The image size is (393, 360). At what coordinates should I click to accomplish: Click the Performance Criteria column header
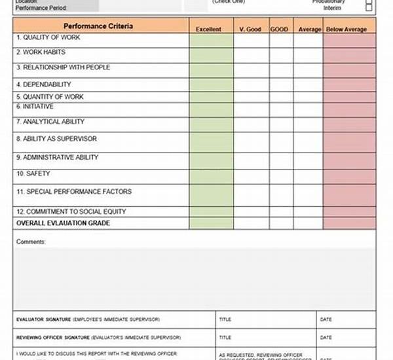(x=99, y=26)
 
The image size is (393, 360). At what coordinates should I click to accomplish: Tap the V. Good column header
(x=250, y=29)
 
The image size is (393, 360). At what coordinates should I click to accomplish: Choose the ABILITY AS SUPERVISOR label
(x=56, y=139)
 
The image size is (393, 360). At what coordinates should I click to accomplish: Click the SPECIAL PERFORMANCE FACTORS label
(x=74, y=192)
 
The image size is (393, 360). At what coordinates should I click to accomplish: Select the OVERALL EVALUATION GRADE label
(x=64, y=223)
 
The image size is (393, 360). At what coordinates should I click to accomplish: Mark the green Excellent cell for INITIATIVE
(x=211, y=109)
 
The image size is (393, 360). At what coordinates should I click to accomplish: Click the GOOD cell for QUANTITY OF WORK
(x=280, y=97)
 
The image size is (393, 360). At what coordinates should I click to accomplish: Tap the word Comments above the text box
(x=31, y=242)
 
